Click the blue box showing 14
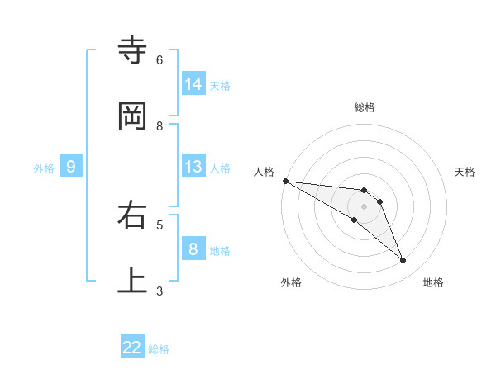[193, 83]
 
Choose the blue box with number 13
[193, 167]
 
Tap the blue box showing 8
[193, 249]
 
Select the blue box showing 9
[71, 167]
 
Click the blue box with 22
[132, 348]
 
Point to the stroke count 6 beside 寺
[160, 60]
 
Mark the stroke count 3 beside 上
[160, 291]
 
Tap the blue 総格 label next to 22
[159, 349]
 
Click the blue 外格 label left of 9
[44, 168]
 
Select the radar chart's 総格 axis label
[365, 107]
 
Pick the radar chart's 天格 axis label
[465, 172]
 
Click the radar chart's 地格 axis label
[433, 282]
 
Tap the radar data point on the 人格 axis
[285, 181]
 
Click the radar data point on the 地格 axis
[403, 261]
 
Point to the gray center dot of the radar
[364, 206]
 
